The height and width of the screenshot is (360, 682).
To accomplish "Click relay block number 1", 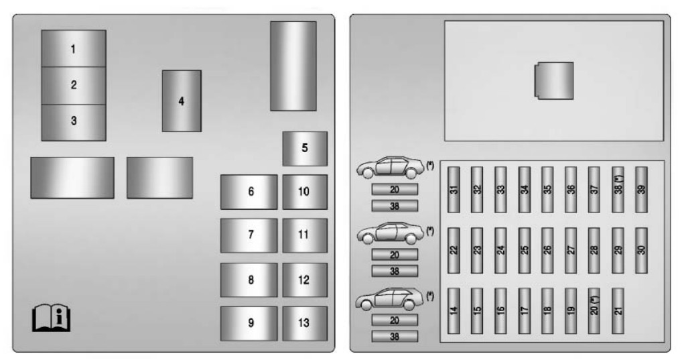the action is coord(74,48).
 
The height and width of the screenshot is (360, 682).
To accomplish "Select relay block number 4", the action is coord(182,101).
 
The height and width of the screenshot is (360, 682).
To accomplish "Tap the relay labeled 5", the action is coord(305,148).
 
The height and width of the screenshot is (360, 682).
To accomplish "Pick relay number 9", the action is coord(249,323).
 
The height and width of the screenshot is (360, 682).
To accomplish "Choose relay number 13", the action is coord(305,323).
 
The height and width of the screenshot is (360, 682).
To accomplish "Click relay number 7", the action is coord(249,235).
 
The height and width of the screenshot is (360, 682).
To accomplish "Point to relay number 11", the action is coord(305,235).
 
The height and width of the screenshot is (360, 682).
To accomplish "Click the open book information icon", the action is coord(52,318).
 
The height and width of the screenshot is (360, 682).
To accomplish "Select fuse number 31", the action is coord(454,190).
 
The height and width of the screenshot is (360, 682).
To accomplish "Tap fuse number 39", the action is coord(642,190).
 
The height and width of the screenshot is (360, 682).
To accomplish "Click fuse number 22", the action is coord(454,250).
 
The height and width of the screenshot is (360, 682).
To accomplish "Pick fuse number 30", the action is coord(642,250).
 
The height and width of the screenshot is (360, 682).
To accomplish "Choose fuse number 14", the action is coord(454,311).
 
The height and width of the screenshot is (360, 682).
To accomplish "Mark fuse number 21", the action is coord(618,311).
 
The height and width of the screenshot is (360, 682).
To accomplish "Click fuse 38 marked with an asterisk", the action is coord(618,190).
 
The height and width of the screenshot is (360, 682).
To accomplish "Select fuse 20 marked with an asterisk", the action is coord(594,311).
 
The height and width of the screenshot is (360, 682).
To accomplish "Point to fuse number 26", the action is coord(547,250).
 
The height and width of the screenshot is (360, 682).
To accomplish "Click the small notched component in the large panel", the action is coord(553,81).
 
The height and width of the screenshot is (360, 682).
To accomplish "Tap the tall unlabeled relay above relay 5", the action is coord(293,66).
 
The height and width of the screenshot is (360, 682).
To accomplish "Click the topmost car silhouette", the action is coord(391,168).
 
